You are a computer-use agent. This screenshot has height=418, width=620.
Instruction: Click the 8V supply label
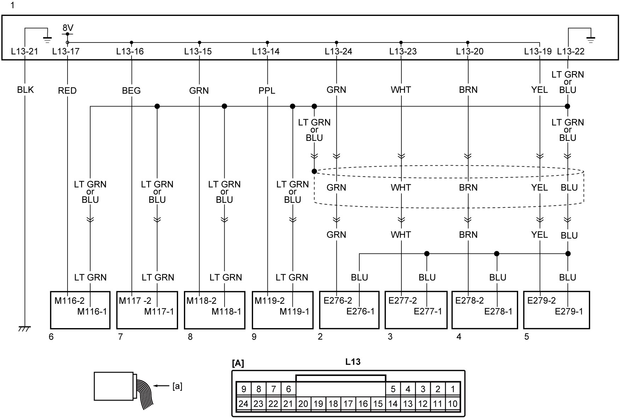68,28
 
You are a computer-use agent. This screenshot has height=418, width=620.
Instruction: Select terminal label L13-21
24,51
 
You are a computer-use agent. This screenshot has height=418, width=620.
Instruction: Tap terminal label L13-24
338,51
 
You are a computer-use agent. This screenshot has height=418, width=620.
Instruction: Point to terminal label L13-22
571,51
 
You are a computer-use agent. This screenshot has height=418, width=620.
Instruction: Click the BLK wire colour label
25,90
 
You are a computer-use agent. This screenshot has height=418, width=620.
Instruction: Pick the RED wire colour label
67,91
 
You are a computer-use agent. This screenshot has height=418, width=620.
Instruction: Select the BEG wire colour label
131,91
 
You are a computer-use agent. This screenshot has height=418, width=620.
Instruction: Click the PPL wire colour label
267,91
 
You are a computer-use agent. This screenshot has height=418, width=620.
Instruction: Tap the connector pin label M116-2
69,300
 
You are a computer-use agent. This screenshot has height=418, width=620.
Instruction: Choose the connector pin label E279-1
569,311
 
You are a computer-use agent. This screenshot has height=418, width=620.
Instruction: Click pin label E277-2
402,300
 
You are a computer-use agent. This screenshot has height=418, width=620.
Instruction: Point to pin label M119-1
294,311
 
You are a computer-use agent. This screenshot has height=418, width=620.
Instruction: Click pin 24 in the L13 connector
243,403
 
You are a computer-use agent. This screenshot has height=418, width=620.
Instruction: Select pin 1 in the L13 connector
453,389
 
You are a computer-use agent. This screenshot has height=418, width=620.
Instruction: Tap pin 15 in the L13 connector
378,403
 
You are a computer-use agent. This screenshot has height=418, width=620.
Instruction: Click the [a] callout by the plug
177,386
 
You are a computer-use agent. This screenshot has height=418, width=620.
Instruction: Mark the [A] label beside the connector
238,363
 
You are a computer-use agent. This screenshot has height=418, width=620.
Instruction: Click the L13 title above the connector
353,362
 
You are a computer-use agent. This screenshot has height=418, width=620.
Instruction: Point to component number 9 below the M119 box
254,337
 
